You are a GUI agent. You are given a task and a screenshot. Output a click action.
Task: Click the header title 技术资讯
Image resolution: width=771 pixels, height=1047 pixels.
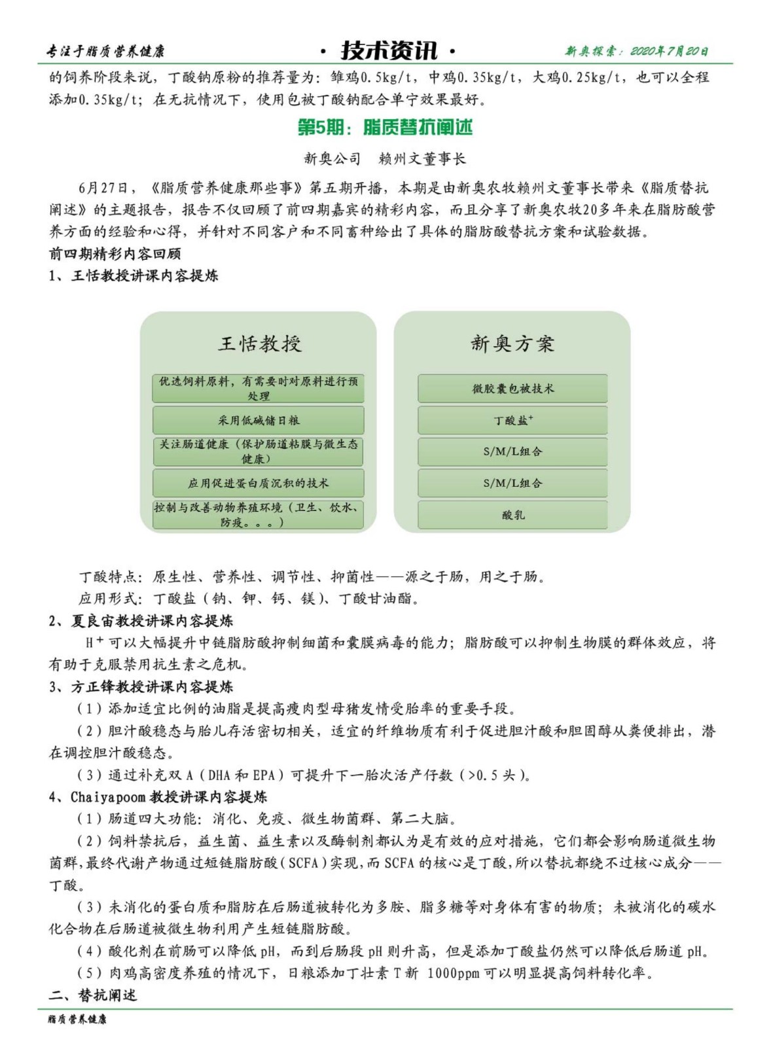(389, 50)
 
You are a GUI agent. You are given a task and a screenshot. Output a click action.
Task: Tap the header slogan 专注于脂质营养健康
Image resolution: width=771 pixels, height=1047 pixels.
(105, 52)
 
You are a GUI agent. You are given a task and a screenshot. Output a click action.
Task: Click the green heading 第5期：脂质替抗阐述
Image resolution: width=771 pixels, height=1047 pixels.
(385, 128)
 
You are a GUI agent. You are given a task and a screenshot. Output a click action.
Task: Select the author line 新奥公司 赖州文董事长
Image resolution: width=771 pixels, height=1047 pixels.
(385, 159)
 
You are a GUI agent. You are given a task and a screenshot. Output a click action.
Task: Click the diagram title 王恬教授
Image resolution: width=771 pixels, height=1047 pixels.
(260, 344)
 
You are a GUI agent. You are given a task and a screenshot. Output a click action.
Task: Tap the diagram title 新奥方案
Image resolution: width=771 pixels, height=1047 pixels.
(512, 344)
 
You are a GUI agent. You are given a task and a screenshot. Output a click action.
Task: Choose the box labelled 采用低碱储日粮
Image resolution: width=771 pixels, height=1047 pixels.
(259, 420)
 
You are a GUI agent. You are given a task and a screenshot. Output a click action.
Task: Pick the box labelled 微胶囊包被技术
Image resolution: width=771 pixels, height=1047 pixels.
(512, 389)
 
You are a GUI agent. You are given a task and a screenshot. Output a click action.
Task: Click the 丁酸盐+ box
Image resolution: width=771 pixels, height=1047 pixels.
(512, 420)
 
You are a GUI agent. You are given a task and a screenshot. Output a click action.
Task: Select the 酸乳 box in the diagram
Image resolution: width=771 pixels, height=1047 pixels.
(512, 515)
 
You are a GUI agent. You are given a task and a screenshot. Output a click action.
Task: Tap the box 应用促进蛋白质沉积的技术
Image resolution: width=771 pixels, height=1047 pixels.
(259, 484)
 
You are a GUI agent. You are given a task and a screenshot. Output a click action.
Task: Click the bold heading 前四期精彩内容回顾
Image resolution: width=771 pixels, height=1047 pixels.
(115, 254)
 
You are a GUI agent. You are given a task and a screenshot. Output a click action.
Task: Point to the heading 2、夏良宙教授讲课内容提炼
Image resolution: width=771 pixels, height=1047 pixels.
(141, 620)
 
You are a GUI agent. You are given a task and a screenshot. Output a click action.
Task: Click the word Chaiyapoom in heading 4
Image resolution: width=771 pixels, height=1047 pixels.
(109, 797)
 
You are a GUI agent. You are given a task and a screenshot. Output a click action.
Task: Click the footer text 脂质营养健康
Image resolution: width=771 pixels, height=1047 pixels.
(77, 1020)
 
